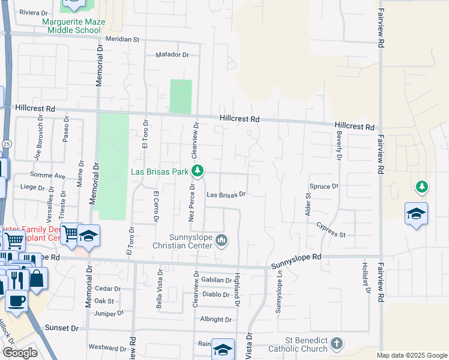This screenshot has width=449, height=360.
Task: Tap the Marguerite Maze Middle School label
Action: (x=73, y=26)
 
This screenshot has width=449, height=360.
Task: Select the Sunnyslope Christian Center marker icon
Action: (x=222, y=241)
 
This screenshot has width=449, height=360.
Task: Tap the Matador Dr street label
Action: (x=172, y=55)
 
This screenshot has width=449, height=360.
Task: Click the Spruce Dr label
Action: (x=324, y=187)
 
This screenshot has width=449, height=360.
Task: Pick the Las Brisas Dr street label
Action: (x=226, y=194)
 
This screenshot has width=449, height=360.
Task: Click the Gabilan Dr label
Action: (x=217, y=280)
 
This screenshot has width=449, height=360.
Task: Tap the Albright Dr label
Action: (x=216, y=320)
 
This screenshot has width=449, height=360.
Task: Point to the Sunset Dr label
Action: (x=62, y=328)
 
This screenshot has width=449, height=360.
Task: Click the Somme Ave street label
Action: (x=51, y=176)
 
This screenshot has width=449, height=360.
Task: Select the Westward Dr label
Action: (x=107, y=347)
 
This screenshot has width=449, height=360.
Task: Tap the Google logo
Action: (x=20, y=353)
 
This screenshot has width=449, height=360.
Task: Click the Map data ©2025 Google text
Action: (x=412, y=355)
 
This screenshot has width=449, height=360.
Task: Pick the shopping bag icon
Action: (x=37, y=278)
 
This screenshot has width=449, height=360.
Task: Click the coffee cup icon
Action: (x=17, y=299)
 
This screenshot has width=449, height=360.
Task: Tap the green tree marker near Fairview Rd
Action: (x=423, y=187)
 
